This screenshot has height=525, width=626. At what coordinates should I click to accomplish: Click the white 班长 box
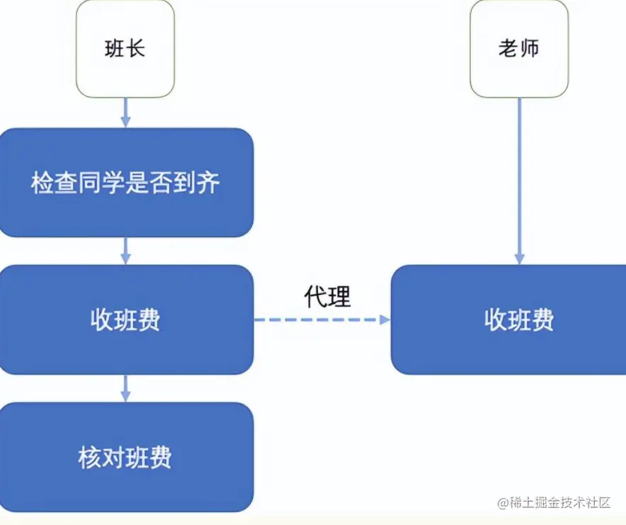point(125,49)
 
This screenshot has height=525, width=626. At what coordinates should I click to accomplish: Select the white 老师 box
point(519,49)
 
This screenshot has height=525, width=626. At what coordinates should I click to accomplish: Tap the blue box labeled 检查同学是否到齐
point(126,183)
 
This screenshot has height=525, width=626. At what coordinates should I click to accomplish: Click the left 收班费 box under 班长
point(126,320)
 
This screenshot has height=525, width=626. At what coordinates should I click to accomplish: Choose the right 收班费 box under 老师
point(508,320)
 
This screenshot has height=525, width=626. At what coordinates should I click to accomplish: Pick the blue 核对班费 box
point(126,457)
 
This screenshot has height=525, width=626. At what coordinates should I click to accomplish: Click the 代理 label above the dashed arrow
point(327,296)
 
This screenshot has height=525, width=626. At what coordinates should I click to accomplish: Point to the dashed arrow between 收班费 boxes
point(322,320)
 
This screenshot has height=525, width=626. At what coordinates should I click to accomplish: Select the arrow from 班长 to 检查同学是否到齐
point(126,113)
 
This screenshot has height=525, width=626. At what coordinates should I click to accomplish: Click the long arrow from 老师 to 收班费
point(519,181)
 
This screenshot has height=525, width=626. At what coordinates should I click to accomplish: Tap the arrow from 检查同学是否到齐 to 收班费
point(126,251)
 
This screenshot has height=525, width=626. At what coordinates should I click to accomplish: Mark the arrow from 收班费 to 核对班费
point(126,388)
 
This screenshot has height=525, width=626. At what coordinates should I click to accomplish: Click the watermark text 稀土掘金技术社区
point(559,502)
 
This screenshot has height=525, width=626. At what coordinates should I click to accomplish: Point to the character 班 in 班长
point(115,49)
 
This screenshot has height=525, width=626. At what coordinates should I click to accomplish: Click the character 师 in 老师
point(530,48)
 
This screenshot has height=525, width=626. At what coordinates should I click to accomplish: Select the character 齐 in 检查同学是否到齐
point(208,183)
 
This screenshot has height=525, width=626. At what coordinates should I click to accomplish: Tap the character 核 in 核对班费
point(89,458)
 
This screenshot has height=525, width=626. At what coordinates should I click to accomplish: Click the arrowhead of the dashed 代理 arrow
point(385,320)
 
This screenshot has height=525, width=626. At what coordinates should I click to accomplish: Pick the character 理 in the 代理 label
point(339,296)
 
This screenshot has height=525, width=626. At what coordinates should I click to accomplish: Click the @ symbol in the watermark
point(503,502)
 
